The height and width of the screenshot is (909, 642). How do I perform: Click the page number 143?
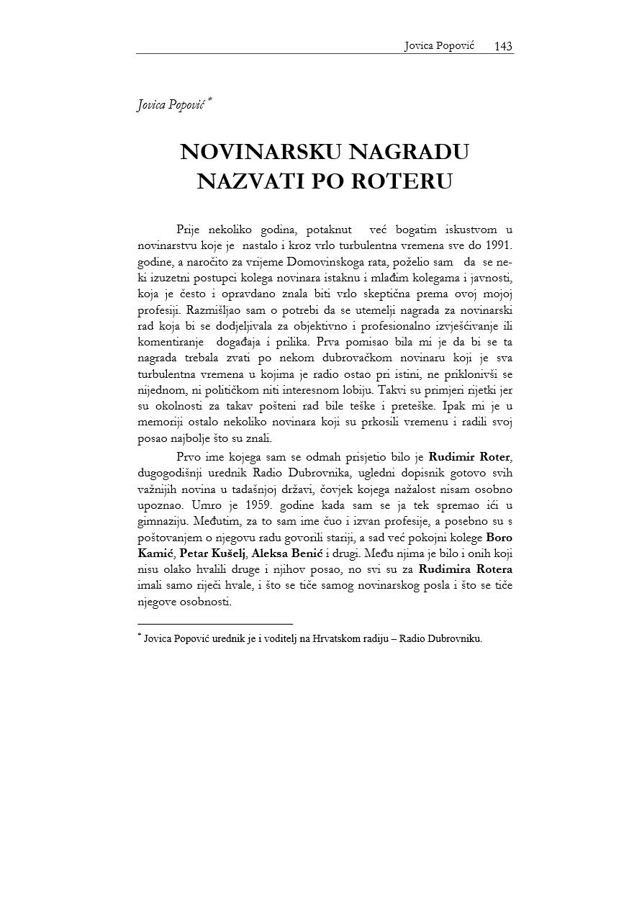[x=503, y=46]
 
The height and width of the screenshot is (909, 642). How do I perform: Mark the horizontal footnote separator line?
[x=214, y=623]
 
